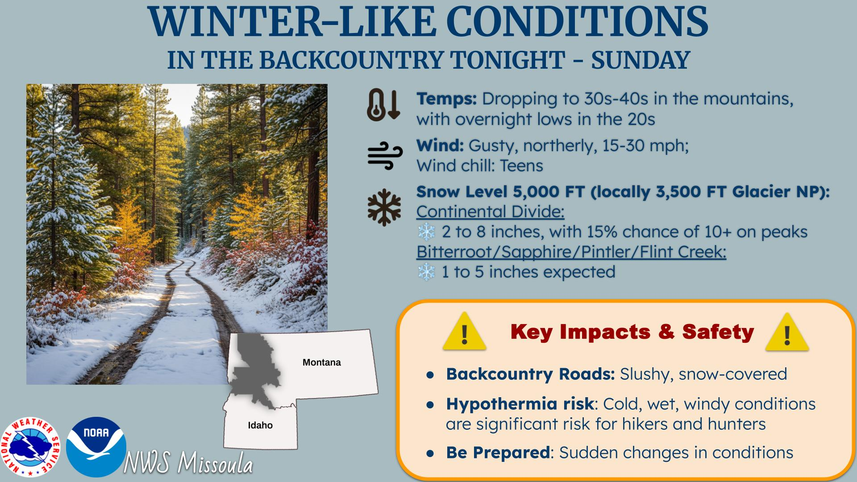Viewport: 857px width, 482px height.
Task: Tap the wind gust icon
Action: tap(385, 156)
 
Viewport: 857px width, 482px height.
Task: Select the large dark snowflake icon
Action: tap(384, 208)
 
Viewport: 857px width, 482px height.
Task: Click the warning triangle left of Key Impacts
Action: tap(464, 331)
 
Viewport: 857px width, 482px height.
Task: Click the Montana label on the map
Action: tap(321, 362)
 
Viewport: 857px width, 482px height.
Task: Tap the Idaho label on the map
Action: tap(260, 425)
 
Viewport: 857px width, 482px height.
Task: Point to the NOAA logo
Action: tap(96, 447)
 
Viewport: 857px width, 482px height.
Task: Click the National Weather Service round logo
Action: tap(30, 448)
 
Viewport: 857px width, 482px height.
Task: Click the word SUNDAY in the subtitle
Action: tap(641, 60)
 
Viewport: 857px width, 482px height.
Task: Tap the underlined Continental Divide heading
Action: tap(491, 212)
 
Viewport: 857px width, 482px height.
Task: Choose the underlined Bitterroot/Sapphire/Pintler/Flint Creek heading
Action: tap(571, 252)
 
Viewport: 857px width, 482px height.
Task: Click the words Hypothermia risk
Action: tap(520, 404)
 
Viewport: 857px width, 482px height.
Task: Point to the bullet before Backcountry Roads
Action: tap(430, 375)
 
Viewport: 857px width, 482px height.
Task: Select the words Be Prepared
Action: tap(498, 453)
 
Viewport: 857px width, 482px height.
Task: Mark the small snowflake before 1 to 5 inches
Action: tap(426, 272)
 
